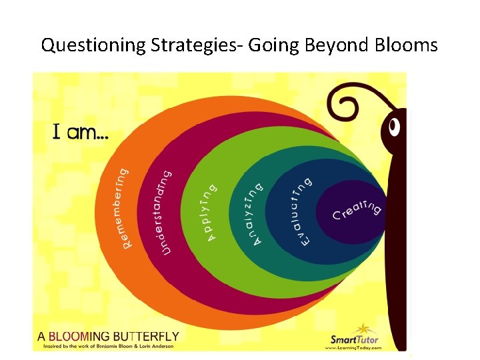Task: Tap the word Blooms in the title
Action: coord(407,45)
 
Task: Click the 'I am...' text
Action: coord(81,133)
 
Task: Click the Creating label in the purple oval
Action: coord(357,211)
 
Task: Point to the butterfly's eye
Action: coord(395,125)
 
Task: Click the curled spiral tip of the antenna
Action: coord(347,103)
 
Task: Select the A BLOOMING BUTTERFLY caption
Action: coord(108,336)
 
